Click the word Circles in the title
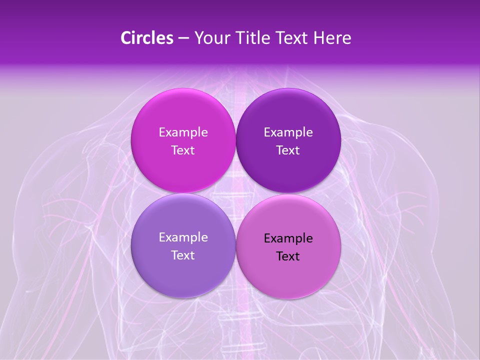click(146, 38)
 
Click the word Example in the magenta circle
click(183, 132)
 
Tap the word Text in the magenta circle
click(183, 150)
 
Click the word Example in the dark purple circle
click(288, 132)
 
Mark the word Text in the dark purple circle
click(288, 150)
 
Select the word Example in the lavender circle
click(183, 237)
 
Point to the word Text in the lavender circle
click(183, 255)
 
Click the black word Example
click(288, 238)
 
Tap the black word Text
click(288, 256)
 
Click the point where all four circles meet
click(235, 193)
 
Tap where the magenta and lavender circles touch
click(183, 193)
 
